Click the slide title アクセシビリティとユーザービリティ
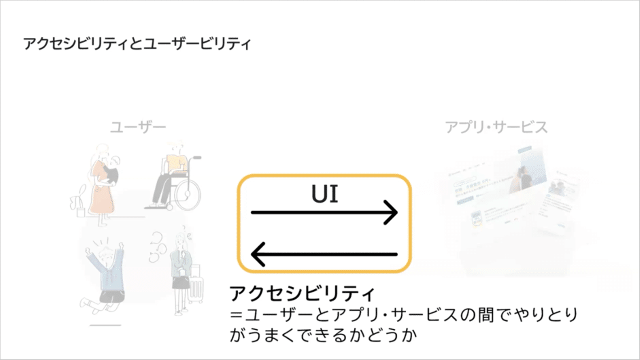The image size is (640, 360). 137,44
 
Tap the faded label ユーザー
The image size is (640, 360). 138,128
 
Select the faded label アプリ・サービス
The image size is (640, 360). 496,128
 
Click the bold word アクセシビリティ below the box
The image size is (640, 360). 302,294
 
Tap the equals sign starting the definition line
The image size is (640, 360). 236,315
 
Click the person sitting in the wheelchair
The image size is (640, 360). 171,171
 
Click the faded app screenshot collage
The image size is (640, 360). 511,191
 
